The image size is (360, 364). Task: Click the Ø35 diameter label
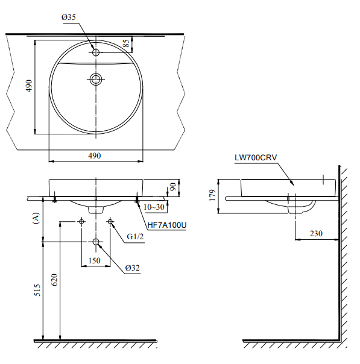(69, 17)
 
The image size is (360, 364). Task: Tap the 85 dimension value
(127, 43)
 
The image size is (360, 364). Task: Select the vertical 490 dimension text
(29, 86)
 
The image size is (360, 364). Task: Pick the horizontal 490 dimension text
(95, 155)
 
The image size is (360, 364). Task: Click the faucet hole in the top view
(96, 52)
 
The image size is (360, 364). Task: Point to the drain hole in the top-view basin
(96, 79)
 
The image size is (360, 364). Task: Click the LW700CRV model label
(256, 158)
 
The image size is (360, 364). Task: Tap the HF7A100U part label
(167, 225)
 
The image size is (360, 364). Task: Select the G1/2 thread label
(135, 237)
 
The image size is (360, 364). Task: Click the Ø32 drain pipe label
(133, 268)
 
